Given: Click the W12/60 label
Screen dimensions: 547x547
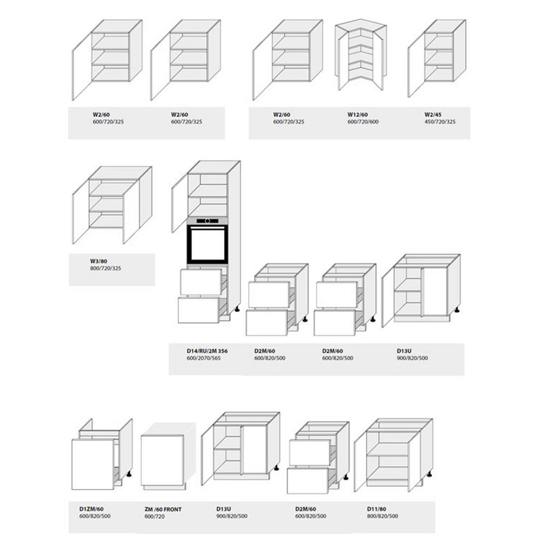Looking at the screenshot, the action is point(357,115).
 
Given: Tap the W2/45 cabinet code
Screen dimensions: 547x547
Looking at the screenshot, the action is point(433,115).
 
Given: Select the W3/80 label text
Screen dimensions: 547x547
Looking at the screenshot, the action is point(98,261).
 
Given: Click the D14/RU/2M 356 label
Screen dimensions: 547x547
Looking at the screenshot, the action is point(207,351).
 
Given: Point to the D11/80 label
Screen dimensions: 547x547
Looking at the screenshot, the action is point(377,509).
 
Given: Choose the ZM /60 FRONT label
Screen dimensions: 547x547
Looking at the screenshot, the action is point(163,509).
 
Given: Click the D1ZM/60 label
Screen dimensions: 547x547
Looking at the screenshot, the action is point(92,509).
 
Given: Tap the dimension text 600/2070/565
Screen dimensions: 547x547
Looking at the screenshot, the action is point(203,358).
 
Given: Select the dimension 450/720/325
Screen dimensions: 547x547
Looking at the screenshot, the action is point(440,122).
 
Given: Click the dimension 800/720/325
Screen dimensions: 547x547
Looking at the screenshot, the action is point(106,268).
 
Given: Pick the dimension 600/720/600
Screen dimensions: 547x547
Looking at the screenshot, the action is point(363,122).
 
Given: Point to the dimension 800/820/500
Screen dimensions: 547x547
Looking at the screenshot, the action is point(382,516).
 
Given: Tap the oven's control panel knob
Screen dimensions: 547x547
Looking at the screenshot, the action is point(207,221).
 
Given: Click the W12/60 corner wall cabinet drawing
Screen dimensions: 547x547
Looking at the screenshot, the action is point(361,55).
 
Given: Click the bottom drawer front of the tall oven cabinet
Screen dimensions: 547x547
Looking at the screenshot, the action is point(199,310).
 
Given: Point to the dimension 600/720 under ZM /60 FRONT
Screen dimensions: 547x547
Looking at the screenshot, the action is point(155,516).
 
